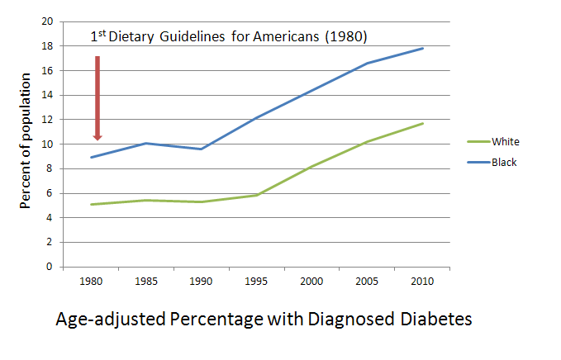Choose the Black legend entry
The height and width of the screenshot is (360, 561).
pos(503,163)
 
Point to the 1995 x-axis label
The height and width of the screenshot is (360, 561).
pos(257,281)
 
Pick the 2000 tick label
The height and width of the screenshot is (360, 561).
pos(312,281)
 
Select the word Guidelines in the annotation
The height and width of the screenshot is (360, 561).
pos(206,37)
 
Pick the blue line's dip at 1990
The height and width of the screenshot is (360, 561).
pos(202,149)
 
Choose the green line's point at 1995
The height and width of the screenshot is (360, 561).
pos(257,195)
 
